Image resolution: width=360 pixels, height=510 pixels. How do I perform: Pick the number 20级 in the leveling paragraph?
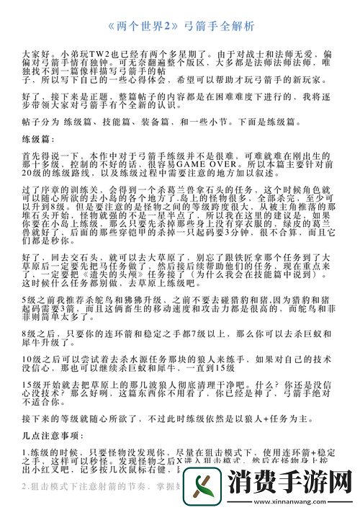click(x=32, y=174)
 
